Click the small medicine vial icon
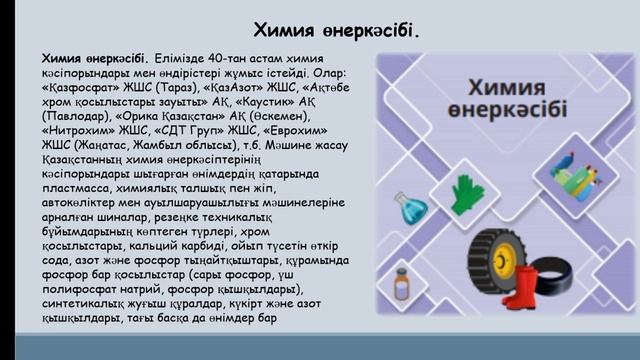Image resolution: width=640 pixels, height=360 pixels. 402,283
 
